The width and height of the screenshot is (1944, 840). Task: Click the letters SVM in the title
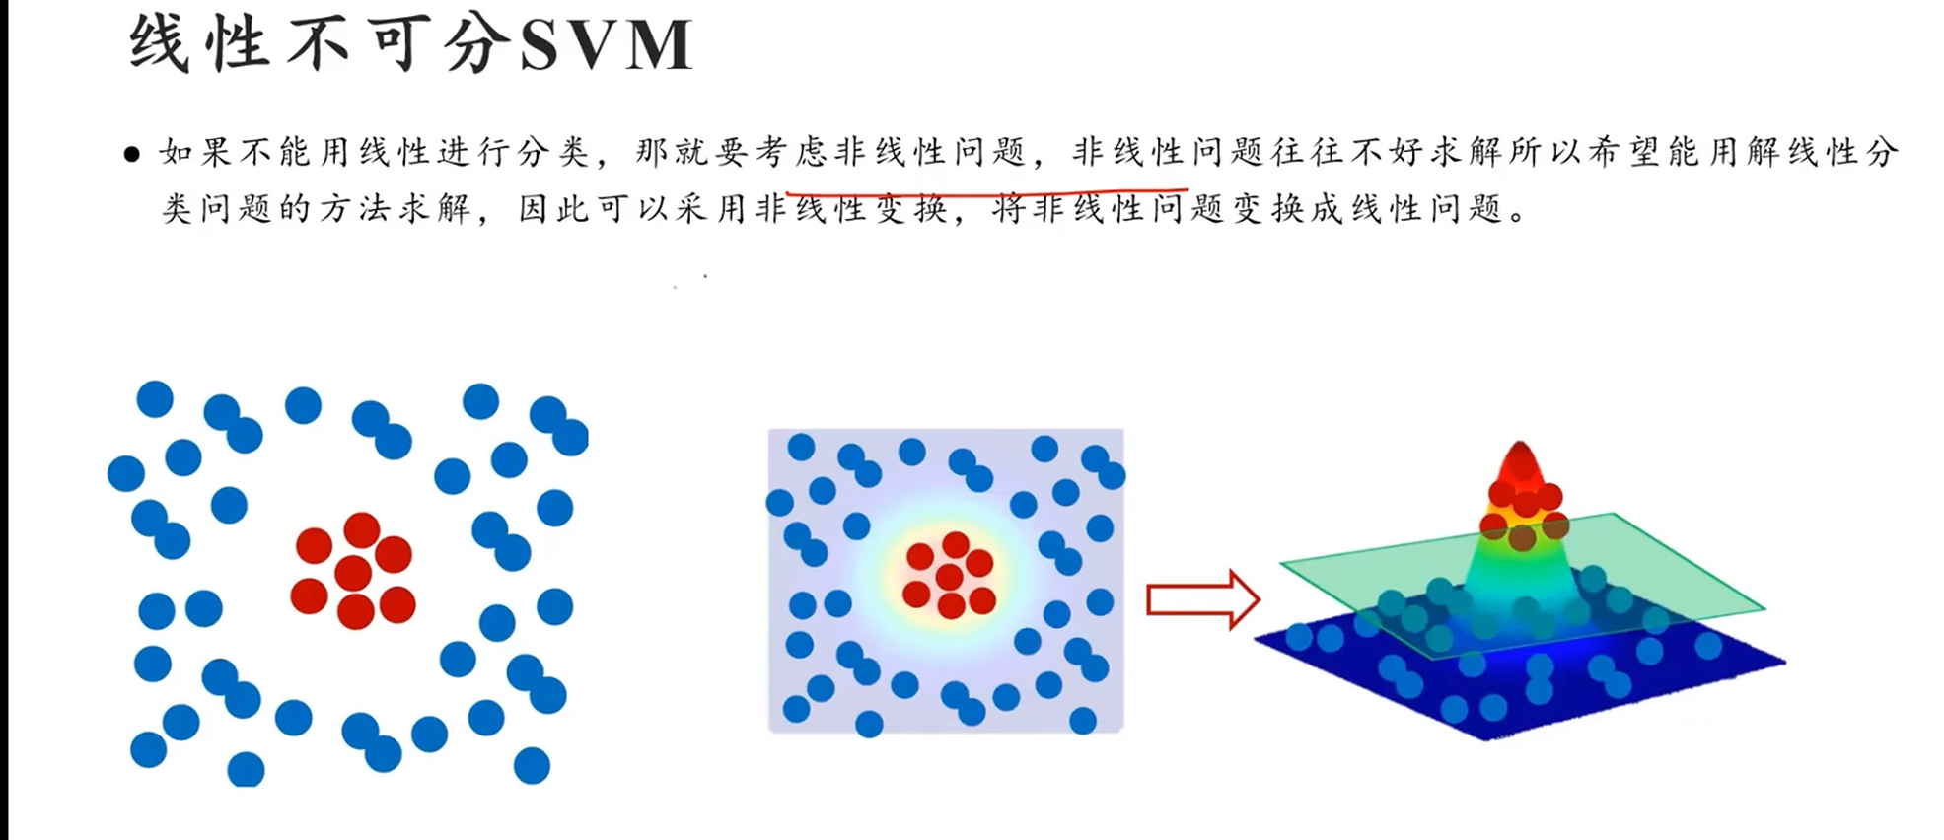[x=606, y=45]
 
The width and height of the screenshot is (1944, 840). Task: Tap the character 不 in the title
[x=318, y=45]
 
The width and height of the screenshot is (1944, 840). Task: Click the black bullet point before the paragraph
[x=132, y=154]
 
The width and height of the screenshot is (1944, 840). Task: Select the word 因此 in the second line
[x=557, y=209]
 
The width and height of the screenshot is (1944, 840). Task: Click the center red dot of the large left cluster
[x=352, y=573]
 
